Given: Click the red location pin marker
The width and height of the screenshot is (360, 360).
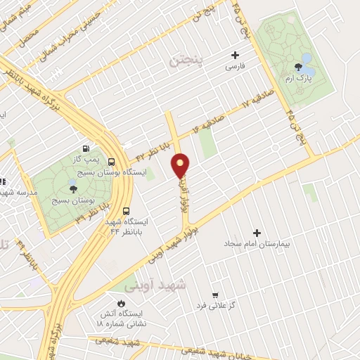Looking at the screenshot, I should [181, 165].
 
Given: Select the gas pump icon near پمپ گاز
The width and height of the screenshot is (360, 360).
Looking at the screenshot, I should [86, 148].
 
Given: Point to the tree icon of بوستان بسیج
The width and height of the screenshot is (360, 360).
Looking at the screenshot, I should [73, 188].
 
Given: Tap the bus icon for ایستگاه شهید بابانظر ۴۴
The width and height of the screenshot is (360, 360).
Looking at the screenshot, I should [126, 210].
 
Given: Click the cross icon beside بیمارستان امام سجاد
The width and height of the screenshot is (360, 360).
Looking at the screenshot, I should [257, 232].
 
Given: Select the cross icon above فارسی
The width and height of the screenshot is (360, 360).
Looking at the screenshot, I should [235, 55].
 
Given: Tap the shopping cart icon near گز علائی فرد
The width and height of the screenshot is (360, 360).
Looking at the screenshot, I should [216, 295].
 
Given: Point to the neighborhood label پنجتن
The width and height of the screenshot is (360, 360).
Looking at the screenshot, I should [186, 61].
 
